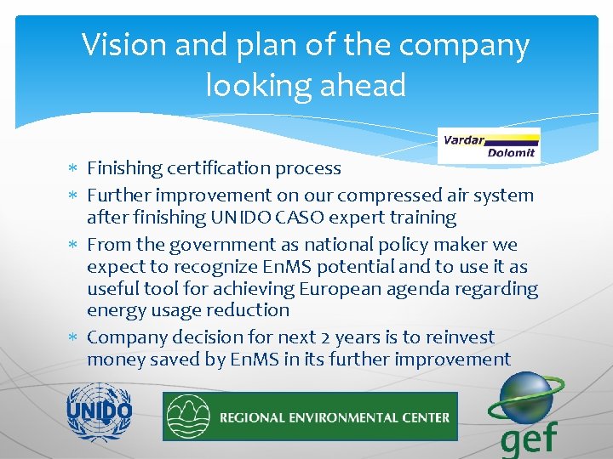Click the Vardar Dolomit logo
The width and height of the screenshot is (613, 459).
click(x=490, y=145)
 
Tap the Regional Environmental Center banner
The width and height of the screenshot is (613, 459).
click(x=310, y=416)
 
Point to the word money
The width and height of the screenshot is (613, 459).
click(x=115, y=359)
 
